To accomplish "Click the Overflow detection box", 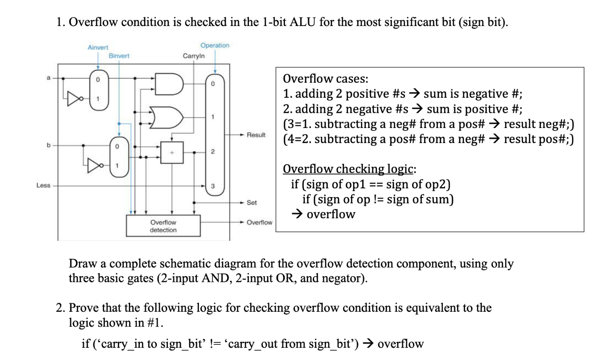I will coord(163,226).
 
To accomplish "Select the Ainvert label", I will coord(98,47).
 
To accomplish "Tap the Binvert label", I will coord(119,56).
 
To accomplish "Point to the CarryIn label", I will coord(194,56).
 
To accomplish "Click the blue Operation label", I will coord(215,45).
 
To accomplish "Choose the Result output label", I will coord(256,135).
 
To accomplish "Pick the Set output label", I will coord(251,203).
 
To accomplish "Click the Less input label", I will coord(43,185).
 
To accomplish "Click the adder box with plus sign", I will coord(172,152).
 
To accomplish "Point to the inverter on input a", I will coord(75,99).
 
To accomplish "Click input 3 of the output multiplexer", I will coord(213,185).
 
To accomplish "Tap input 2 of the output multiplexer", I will coord(213,151).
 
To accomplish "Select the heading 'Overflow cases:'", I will coord(325,78).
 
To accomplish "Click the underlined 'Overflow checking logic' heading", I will coord(348,169).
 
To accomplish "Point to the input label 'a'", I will coord(48,78).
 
